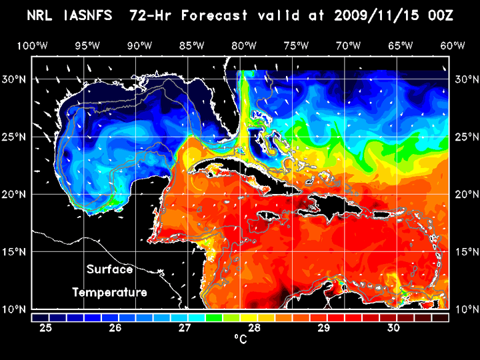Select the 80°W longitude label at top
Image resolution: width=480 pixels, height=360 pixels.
pos(244,46)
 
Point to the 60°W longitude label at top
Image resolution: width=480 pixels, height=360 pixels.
pos(453,46)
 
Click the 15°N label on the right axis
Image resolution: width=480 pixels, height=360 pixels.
pos(465,252)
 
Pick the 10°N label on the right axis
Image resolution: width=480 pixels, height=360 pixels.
pos(465,309)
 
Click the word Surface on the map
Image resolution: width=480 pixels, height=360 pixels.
pos(109,270)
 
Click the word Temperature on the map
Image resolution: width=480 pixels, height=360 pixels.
pos(109,292)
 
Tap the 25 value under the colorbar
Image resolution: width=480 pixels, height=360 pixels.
pos(46,328)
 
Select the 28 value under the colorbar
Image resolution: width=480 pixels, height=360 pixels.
pos(254,328)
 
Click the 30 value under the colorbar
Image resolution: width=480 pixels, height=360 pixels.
pos(393,328)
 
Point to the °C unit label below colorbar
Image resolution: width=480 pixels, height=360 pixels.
pos(239,340)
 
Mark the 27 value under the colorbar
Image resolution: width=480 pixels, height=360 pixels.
pos(185,328)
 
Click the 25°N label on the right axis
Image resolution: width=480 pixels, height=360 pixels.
pos(465,137)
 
